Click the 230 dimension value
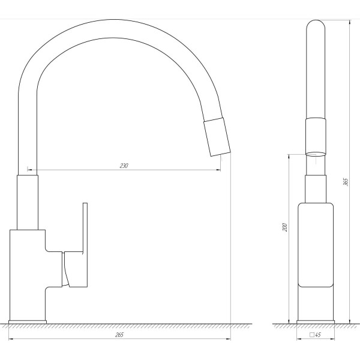coord(124,166)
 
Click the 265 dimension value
coord(119,335)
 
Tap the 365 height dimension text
coord(346,182)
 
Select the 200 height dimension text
coord(285,227)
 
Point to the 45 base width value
coord(318,335)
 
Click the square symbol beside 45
coord(312,335)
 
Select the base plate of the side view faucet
coord(316,322)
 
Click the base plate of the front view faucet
coord(28,322)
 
